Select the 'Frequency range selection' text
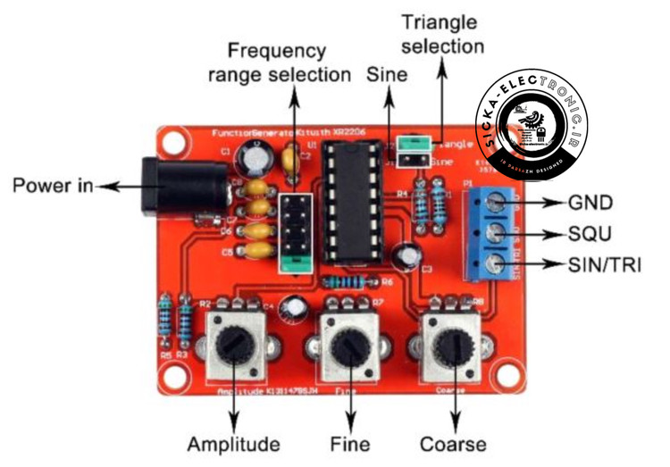point(279,62)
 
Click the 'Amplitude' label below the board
point(234,443)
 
